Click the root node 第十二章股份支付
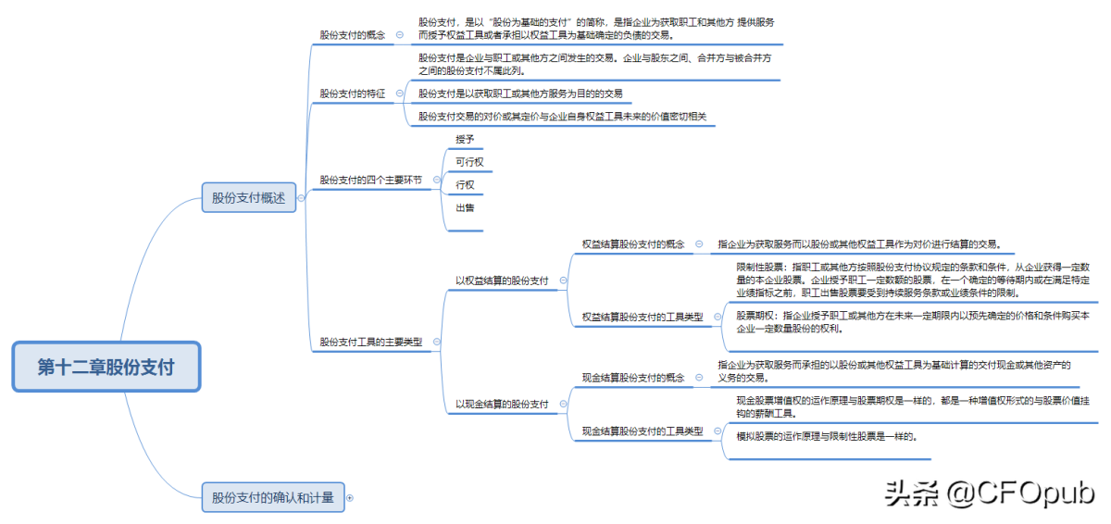pos(106,367)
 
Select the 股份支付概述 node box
pos(248,197)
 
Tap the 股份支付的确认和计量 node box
pos(272,497)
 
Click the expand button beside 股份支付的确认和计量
pos(349,498)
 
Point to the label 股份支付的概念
pos(352,34)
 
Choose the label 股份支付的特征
pos(352,94)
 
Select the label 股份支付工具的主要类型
pos(370,342)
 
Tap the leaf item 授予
pos(465,139)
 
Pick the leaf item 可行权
pos(469,162)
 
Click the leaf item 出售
pos(465,208)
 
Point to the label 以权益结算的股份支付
pos(501,281)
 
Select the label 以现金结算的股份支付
pos(501,405)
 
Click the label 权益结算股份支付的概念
pos(632,244)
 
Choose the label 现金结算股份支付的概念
pos(632,378)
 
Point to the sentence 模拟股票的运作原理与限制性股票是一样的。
pos(827,435)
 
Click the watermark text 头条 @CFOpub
pos(990,492)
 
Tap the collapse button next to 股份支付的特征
pos(398,94)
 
